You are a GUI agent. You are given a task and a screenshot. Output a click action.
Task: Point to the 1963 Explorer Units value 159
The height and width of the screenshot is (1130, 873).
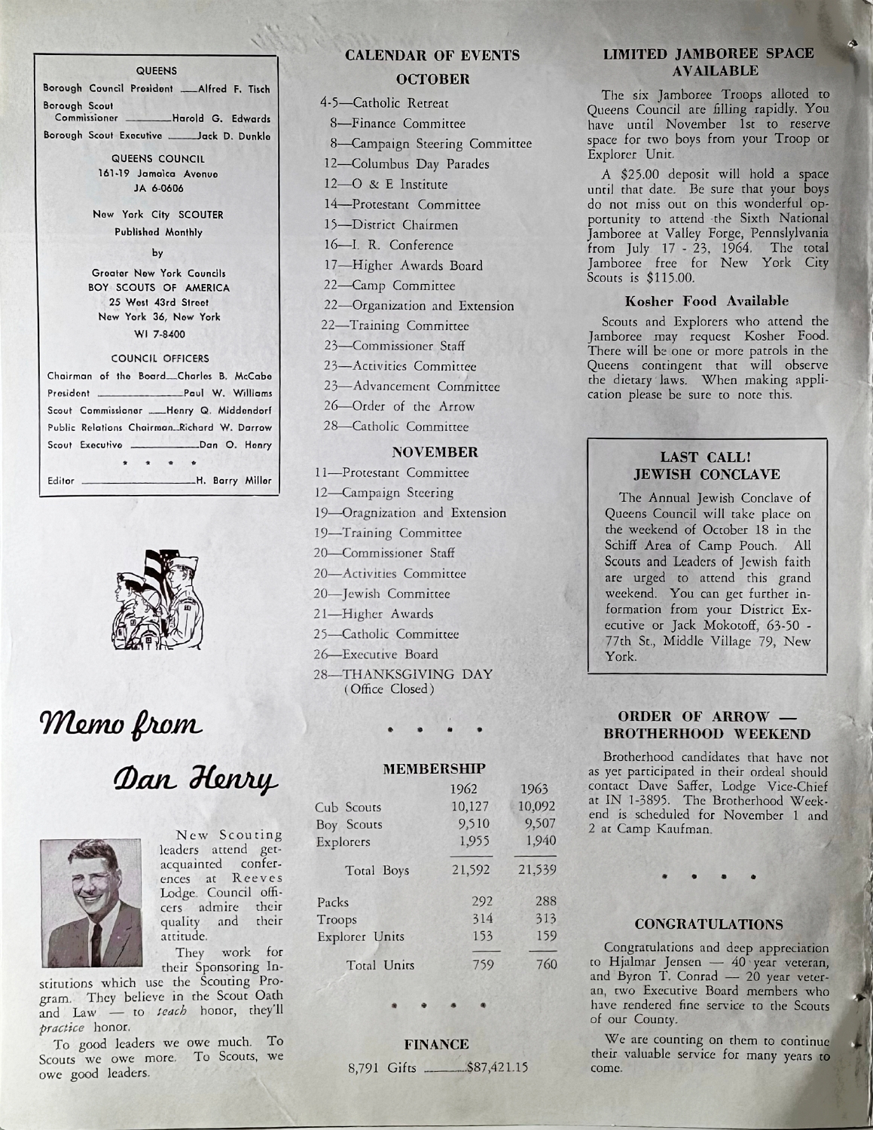[542, 937]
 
